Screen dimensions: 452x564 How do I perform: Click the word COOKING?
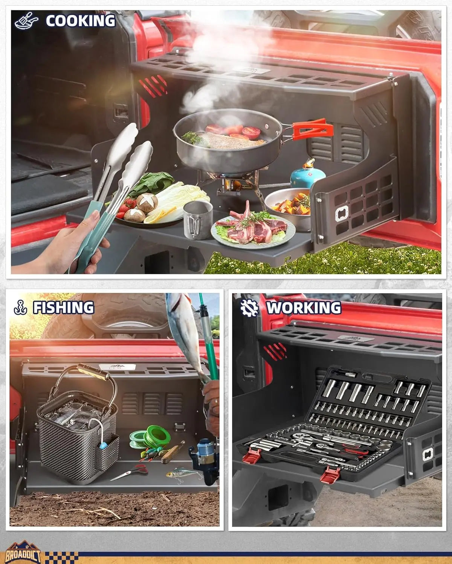point(80,21)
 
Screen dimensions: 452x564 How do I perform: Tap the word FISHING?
point(64,308)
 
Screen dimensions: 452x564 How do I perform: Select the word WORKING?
point(304,308)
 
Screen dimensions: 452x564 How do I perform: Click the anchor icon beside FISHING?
point(20,308)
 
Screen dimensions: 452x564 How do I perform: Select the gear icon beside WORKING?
point(249,308)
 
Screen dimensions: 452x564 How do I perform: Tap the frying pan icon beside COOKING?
point(26,21)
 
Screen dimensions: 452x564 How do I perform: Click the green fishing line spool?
point(157,437)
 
